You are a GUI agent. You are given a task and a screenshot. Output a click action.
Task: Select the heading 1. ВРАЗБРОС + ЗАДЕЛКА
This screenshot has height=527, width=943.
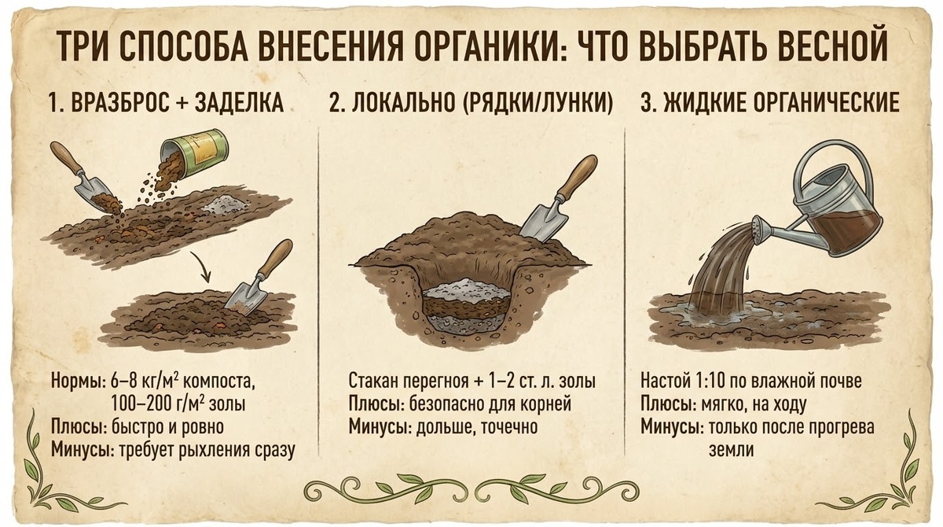click(x=167, y=102)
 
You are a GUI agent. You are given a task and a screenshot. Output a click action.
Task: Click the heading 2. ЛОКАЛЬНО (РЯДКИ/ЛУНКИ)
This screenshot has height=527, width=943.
click(x=471, y=102)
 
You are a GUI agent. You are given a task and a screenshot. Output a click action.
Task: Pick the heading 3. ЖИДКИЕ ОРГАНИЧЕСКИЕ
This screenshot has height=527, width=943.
click(x=770, y=102)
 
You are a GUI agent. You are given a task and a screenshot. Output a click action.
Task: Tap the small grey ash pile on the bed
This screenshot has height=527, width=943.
click(x=222, y=205)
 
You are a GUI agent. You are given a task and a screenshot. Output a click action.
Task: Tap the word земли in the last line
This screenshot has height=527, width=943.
click(x=731, y=450)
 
